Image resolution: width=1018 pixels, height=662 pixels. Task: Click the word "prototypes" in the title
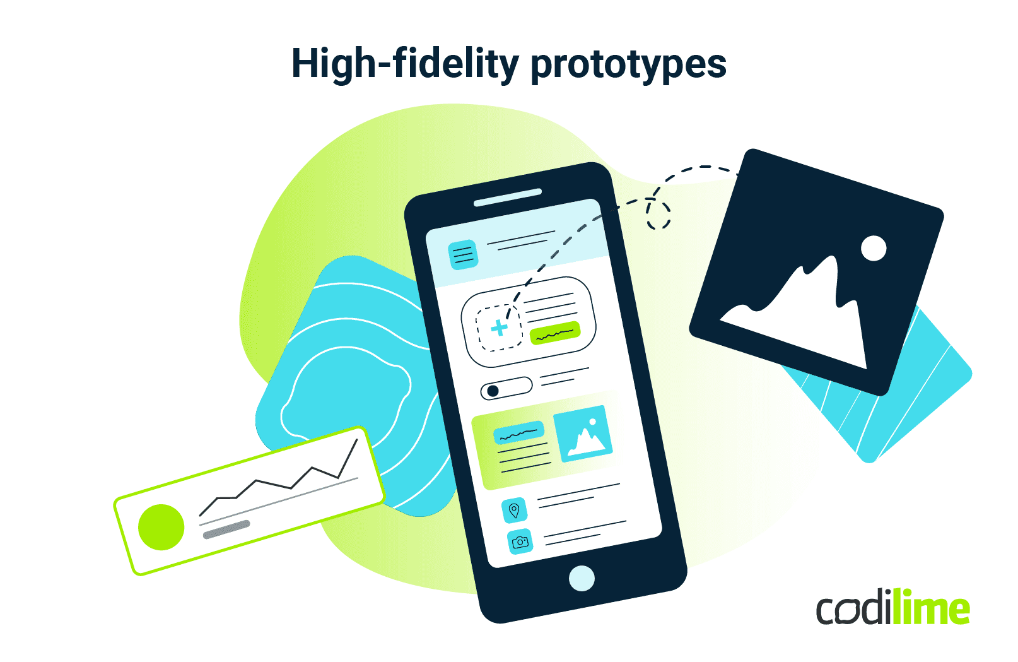[628, 65]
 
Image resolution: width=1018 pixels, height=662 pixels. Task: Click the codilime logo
[893, 608]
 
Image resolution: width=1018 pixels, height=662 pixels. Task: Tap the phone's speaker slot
[508, 197]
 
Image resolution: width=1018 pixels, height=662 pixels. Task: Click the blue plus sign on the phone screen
[499, 328]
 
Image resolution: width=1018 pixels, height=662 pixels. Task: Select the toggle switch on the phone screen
[506, 388]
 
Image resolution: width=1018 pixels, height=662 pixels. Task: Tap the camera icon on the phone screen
[520, 541]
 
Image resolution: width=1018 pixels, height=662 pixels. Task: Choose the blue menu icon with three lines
[463, 254]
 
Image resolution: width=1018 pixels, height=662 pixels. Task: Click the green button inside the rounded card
[554, 333]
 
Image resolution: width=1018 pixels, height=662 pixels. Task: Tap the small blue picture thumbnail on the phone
[583, 434]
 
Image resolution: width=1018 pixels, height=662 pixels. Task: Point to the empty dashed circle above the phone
[658, 214]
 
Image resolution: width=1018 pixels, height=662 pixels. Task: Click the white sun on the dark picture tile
[874, 248]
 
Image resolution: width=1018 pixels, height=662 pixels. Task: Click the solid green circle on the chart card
[161, 527]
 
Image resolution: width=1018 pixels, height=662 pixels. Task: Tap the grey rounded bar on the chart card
[226, 530]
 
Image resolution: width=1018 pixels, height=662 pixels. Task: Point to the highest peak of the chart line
[357, 440]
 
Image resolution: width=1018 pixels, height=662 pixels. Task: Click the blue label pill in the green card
[518, 433]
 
